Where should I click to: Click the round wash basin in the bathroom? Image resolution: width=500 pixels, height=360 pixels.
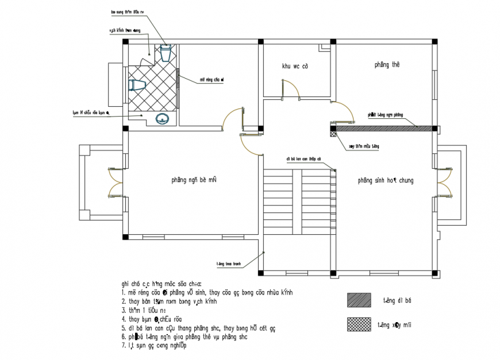pyautogui.click(x=163, y=118)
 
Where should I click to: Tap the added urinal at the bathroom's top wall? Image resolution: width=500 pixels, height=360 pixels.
pyautogui.click(x=166, y=53)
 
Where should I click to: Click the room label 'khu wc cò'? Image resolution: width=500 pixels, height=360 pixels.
pyautogui.click(x=295, y=67)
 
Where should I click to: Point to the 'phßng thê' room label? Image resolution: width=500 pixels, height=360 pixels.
pyautogui.click(x=387, y=65)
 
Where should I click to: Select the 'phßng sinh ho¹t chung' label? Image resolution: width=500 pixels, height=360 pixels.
pyautogui.click(x=385, y=180)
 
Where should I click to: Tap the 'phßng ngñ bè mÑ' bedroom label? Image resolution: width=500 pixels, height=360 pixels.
pyautogui.click(x=193, y=180)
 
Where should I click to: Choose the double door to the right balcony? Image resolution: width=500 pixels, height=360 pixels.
pyautogui.click(x=443, y=182)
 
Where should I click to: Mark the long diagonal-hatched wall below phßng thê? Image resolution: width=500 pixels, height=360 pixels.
pyautogui.click(x=385, y=129)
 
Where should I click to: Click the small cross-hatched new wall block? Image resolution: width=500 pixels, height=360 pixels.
pyautogui.click(x=334, y=133)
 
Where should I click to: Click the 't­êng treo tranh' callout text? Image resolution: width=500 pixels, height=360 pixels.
pyautogui.click(x=228, y=264)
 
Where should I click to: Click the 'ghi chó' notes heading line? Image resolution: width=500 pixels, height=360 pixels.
pyautogui.click(x=161, y=283)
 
